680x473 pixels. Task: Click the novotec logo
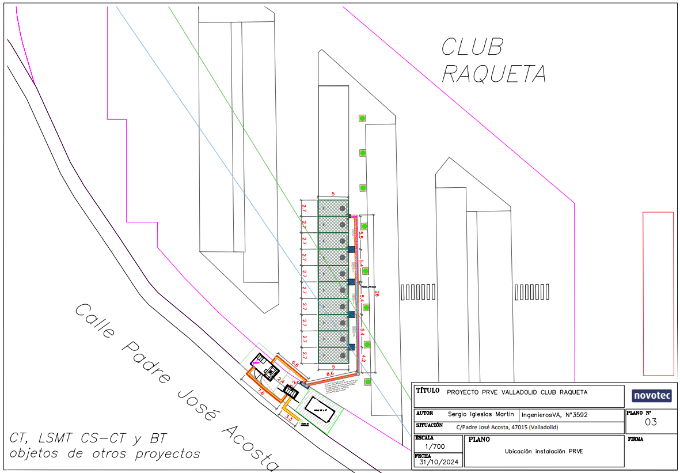point(652,396)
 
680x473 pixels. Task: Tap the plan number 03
point(651,422)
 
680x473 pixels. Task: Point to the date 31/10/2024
point(438,461)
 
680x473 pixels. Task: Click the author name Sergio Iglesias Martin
point(480,414)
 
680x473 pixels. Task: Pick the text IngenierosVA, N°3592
point(554,415)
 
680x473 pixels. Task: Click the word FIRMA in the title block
point(636,439)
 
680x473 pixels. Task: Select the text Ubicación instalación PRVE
point(544,452)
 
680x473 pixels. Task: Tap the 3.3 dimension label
point(289,418)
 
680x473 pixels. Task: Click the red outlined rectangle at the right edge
point(658,294)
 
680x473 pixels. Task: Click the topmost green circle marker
point(362,119)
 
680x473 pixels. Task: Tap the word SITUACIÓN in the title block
point(429,425)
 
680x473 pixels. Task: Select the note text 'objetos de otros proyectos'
point(105,454)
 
